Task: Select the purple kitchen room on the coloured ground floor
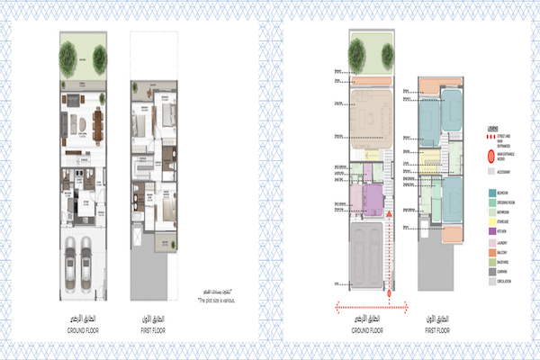pos(372,195)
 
